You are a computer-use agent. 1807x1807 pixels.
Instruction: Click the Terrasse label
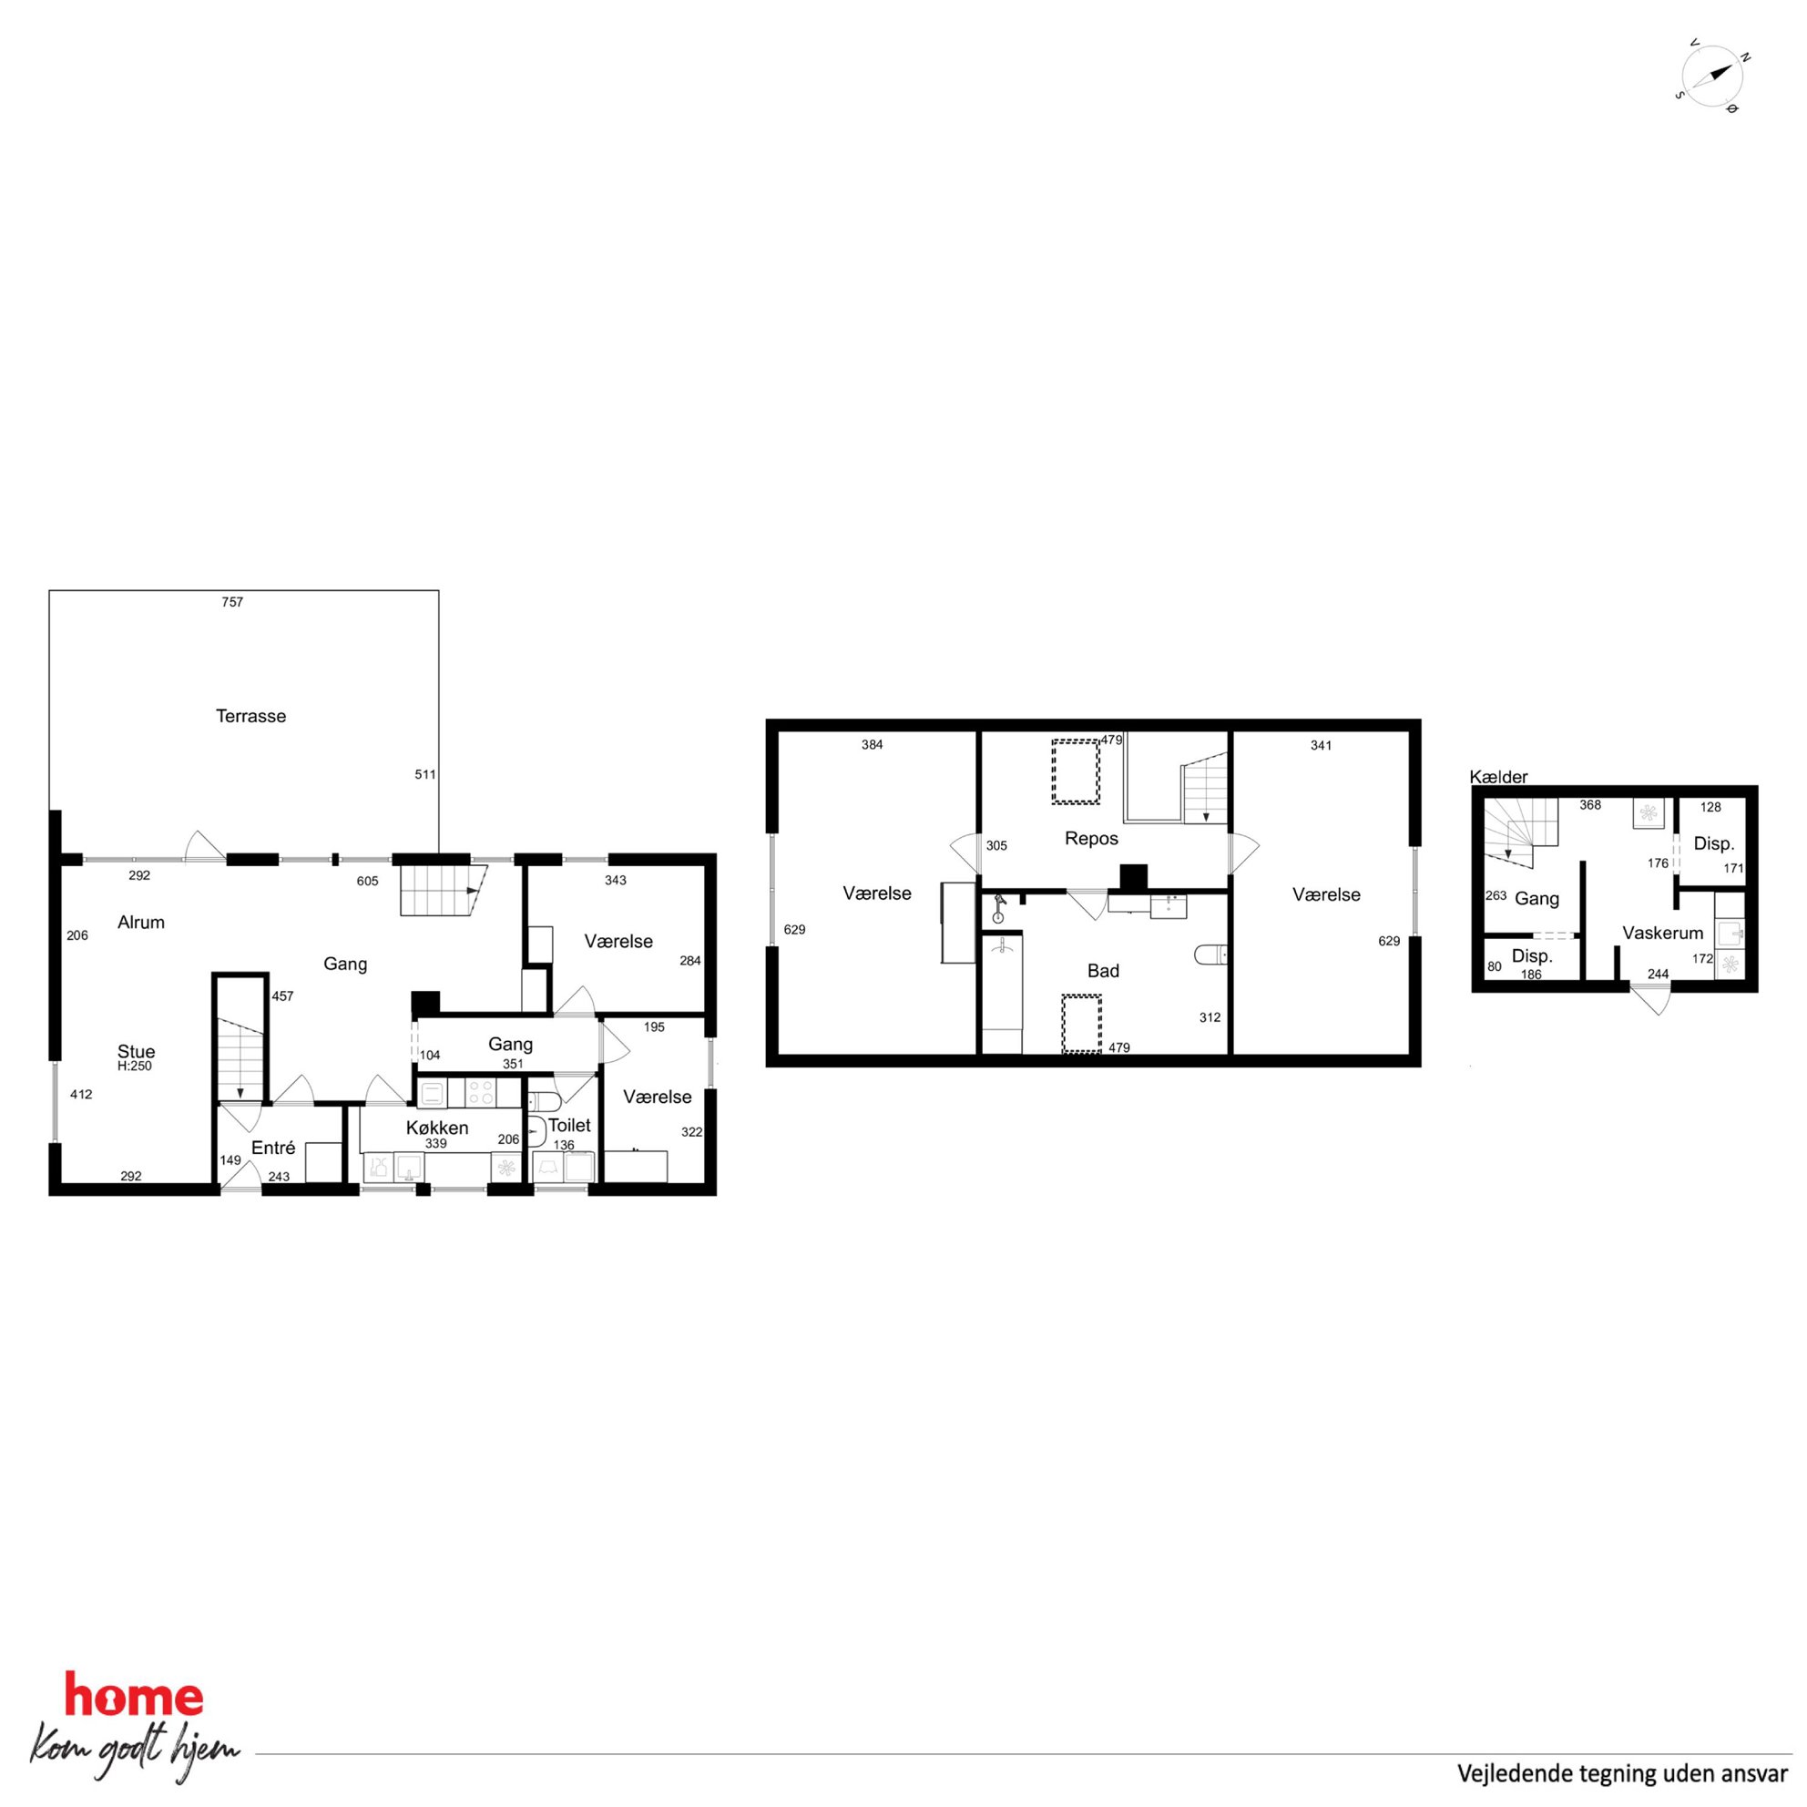tap(250, 717)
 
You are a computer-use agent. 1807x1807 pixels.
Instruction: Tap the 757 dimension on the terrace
tap(232, 602)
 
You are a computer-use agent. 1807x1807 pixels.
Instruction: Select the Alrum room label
tap(141, 923)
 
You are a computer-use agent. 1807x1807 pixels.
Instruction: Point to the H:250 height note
tap(135, 1067)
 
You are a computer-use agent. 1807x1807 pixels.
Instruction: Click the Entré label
tap(273, 1148)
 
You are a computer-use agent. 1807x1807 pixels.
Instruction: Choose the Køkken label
tap(437, 1128)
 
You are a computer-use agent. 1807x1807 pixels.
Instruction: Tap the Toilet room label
tap(568, 1125)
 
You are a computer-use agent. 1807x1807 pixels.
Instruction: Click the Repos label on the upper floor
tap(1091, 839)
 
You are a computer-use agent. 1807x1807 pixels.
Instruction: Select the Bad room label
tap(1103, 971)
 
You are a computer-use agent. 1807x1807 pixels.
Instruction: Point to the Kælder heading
tap(1498, 776)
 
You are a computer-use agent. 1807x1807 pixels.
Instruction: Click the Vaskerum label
tap(1663, 933)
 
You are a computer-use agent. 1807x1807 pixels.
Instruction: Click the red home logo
tap(134, 1698)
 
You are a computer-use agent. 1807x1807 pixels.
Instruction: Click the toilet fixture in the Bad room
tap(1210, 955)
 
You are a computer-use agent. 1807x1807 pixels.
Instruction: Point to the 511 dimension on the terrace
tap(425, 774)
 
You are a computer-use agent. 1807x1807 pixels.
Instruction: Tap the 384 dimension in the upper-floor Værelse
tap(872, 745)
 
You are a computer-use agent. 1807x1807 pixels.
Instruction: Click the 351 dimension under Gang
tap(513, 1064)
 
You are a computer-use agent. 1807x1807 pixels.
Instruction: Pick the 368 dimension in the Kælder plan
tap(1590, 805)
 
